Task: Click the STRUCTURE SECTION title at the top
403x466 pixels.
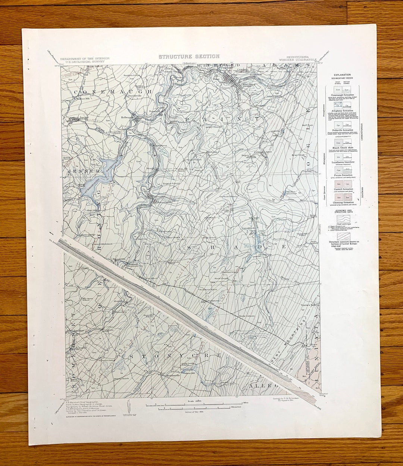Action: [x=189, y=56]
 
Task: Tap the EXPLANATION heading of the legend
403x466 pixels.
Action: [x=342, y=75]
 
